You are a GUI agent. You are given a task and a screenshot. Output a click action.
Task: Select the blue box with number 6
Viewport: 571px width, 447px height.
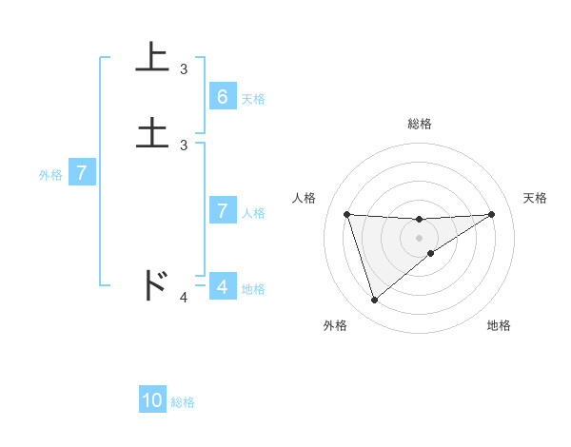tap(222, 97)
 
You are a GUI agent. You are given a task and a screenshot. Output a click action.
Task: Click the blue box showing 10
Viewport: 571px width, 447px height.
tap(152, 400)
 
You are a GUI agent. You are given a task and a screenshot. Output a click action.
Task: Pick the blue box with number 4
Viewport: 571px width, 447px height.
tap(222, 286)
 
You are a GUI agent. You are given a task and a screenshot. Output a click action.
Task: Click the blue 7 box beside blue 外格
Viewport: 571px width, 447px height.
tap(82, 174)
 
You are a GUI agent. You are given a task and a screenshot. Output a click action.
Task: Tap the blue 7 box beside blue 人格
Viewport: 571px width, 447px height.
tap(222, 211)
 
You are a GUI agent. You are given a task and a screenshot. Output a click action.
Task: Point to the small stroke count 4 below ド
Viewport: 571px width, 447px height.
tap(184, 298)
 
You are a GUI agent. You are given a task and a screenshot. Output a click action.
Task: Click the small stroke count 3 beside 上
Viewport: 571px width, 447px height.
tap(184, 68)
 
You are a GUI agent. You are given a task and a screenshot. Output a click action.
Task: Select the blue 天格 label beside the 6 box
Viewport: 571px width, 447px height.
tap(253, 99)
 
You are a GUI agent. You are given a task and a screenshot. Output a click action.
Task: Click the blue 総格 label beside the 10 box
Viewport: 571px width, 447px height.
tap(183, 402)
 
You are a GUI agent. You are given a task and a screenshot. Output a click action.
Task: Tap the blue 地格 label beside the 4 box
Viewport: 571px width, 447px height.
tap(253, 289)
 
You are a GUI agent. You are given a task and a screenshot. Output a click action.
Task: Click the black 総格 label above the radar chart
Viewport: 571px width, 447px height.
tap(420, 124)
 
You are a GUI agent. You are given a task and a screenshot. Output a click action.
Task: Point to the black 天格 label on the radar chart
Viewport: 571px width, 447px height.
tap(535, 198)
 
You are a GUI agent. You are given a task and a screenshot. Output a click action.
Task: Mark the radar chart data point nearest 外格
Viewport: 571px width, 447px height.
tap(374, 301)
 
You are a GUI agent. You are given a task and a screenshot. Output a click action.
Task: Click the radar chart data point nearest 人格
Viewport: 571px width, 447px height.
tap(346, 214)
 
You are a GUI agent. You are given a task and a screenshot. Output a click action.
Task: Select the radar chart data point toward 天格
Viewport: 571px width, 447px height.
tap(492, 214)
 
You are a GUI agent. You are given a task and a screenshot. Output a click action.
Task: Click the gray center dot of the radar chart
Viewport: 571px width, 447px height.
tap(420, 237)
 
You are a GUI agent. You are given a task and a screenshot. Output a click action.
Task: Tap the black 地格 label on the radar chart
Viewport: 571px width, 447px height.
tap(499, 326)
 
